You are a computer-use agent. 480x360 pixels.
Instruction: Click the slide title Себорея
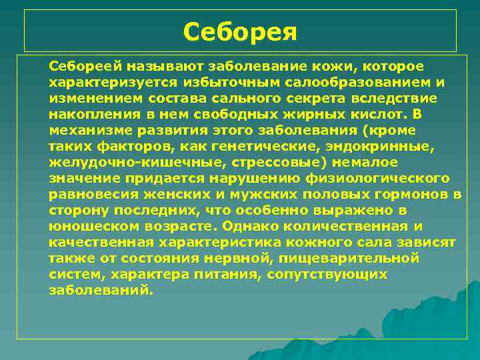point(240,31)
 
